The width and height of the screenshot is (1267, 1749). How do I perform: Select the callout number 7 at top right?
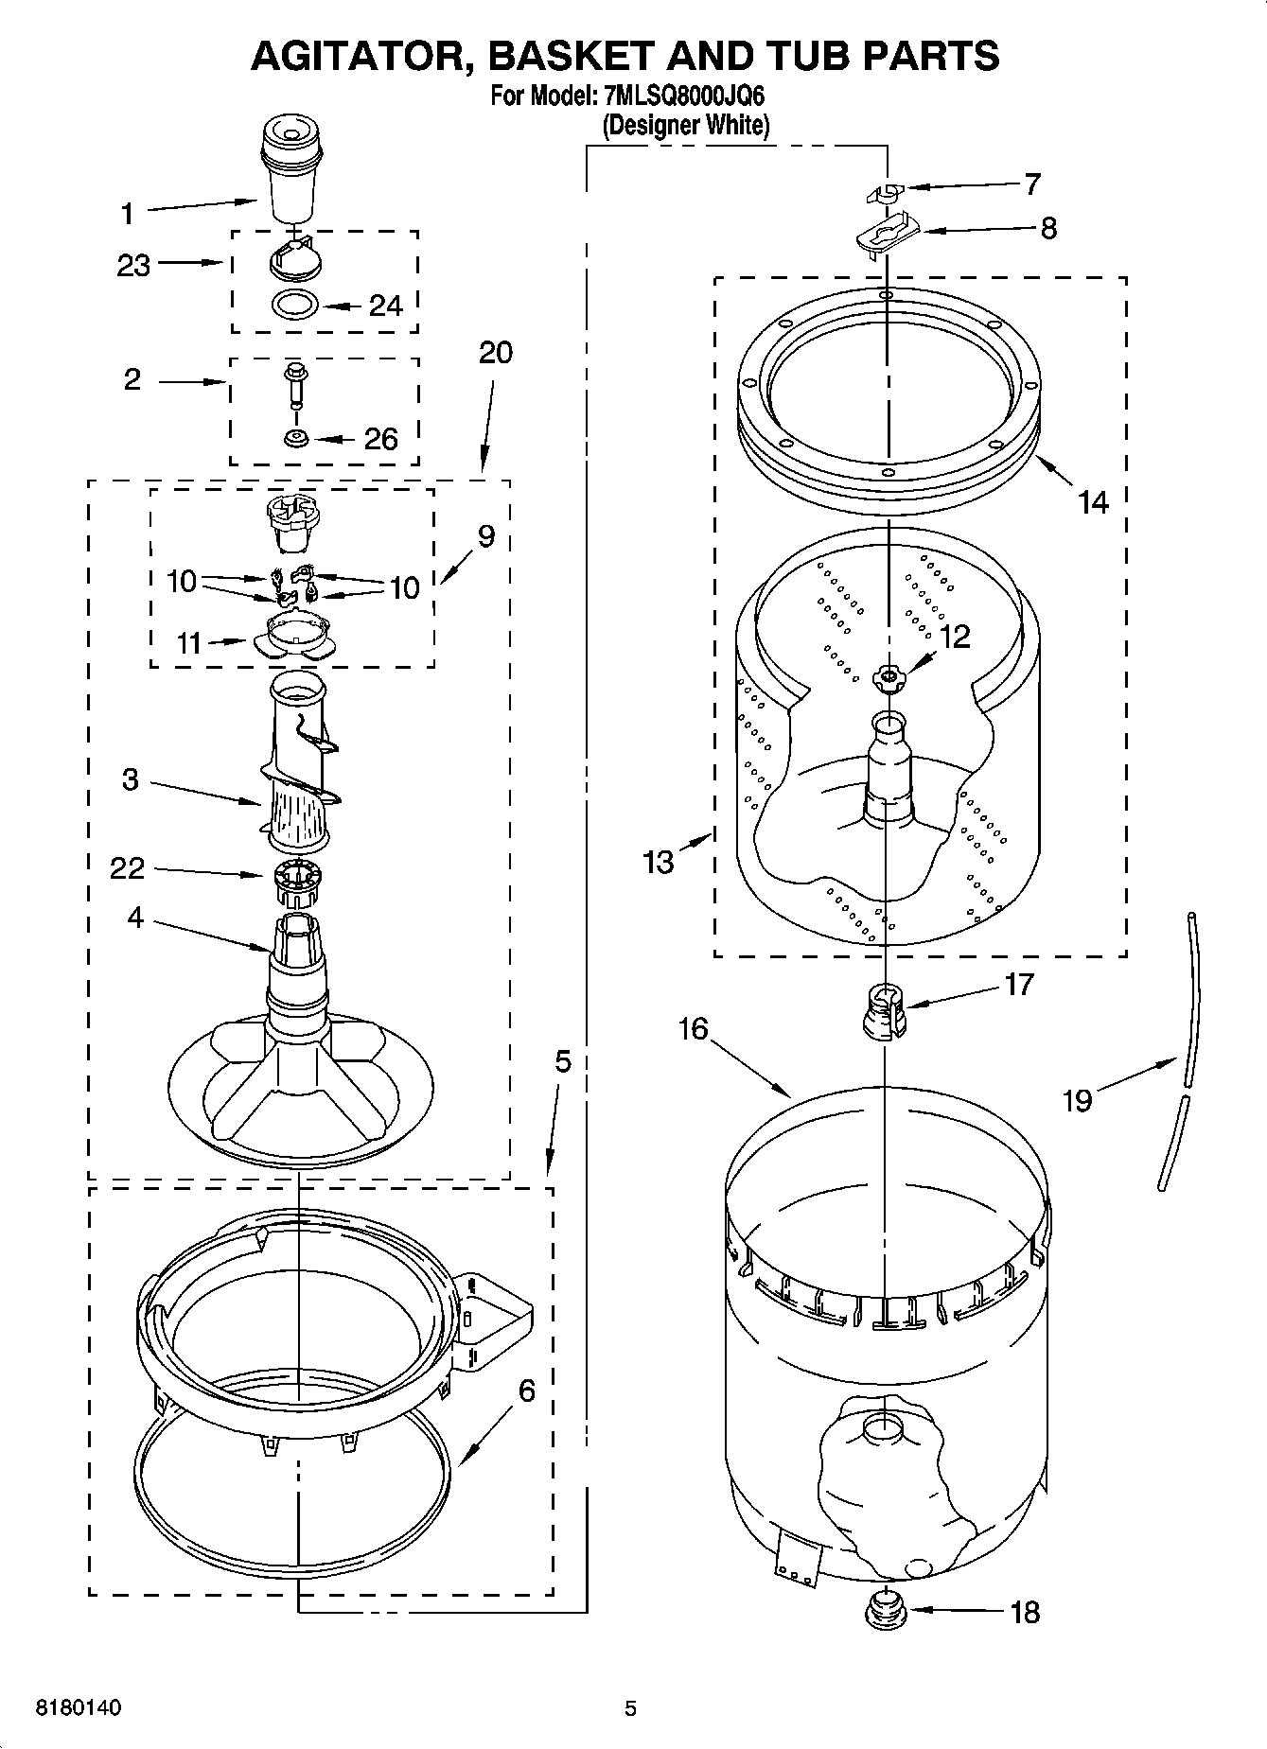(x=1031, y=184)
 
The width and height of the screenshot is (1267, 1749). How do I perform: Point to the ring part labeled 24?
(x=295, y=306)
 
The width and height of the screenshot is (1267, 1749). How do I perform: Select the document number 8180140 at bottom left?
(x=78, y=1708)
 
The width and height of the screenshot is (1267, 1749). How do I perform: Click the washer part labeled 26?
(x=295, y=439)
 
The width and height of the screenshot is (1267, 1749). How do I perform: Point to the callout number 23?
(x=133, y=265)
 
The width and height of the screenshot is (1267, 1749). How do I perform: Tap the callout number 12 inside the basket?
(x=955, y=637)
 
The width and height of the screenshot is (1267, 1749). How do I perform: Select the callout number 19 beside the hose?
(x=1077, y=1099)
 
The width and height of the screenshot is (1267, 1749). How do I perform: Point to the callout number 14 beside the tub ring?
(x=1093, y=501)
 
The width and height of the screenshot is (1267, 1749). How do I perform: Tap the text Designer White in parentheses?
(x=686, y=124)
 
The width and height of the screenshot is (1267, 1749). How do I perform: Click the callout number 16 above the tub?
(x=693, y=1028)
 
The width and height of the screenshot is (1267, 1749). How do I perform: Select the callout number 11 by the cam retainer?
(x=189, y=643)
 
